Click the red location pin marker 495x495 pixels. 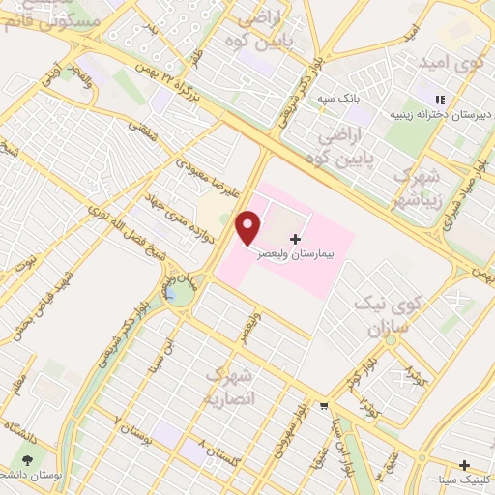(x=249, y=227)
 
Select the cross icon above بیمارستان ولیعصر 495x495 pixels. (x=295, y=238)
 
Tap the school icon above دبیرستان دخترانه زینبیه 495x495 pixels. (x=439, y=99)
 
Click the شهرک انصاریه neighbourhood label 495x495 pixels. (x=230, y=385)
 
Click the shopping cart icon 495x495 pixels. (x=324, y=405)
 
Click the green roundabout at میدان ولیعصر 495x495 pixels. (x=180, y=293)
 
